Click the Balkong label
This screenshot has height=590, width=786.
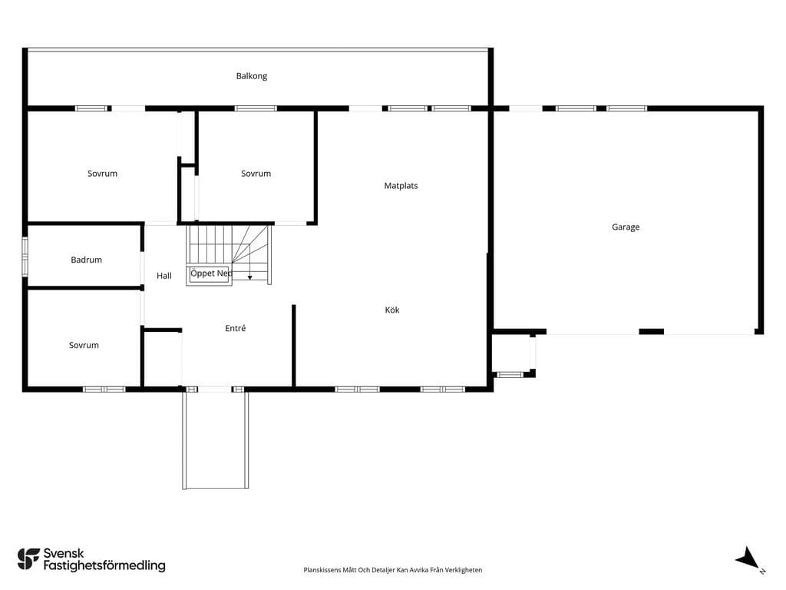pyautogui.click(x=252, y=76)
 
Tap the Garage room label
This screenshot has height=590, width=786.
pyautogui.click(x=626, y=227)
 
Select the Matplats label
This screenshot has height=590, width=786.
pyautogui.click(x=401, y=186)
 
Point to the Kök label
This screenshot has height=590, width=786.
pyautogui.click(x=392, y=310)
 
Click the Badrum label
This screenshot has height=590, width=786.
pyautogui.click(x=86, y=260)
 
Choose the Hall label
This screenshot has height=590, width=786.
pyautogui.click(x=164, y=276)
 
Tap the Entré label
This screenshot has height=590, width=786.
pyautogui.click(x=236, y=328)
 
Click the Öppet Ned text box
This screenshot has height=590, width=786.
pyautogui.click(x=210, y=274)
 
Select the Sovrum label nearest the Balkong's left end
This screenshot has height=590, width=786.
pyautogui.click(x=102, y=174)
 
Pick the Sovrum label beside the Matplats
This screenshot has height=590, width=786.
pyautogui.click(x=256, y=174)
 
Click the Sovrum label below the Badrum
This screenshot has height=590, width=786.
pyautogui.click(x=84, y=345)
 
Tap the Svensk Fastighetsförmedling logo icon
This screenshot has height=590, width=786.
pyautogui.click(x=28, y=559)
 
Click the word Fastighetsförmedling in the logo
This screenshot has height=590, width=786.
pyautogui.click(x=104, y=566)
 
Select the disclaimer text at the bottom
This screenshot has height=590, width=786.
pyautogui.click(x=393, y=570)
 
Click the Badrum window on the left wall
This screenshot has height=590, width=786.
pyautogui.click(x=25, y=257)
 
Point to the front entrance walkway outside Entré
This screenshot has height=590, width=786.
pyautogui.click(x=216, y=439)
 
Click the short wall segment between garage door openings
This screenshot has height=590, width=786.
pyautogui.click(x=651, y=331)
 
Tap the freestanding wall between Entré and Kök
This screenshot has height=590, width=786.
pyautogui.click(x=294, y=346)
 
